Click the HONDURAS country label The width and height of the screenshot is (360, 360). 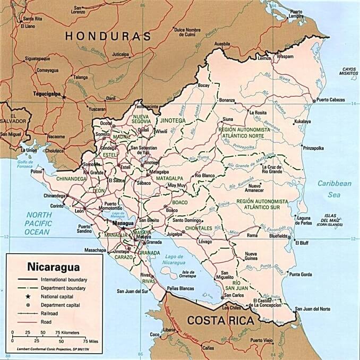pos(108,36)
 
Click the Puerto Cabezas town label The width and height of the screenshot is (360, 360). pos(330,100)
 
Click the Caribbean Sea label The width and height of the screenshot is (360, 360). pos(335,188)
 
